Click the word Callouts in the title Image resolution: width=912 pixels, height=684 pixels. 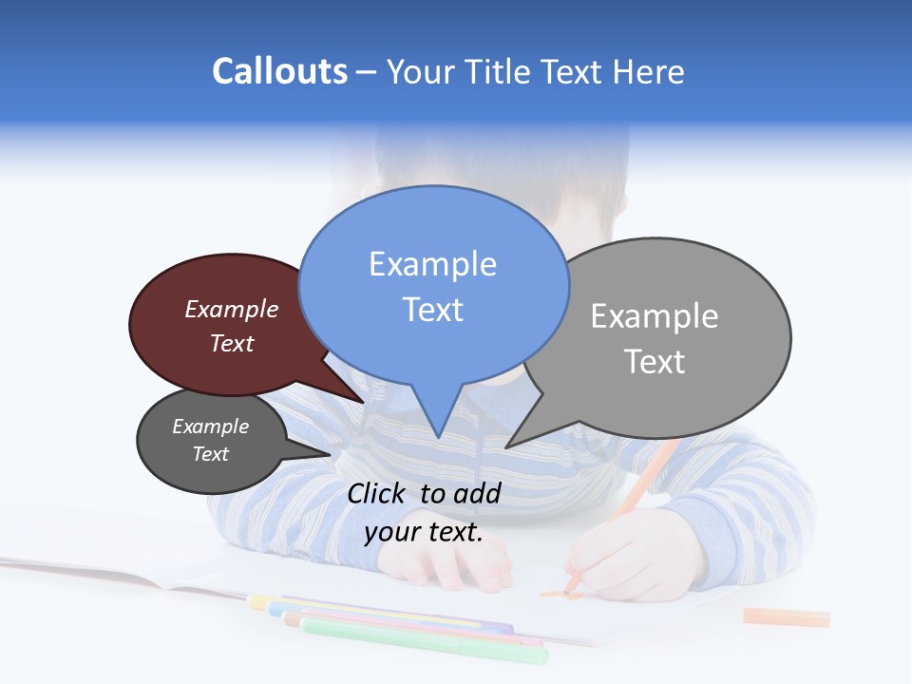click(x=280, y=71)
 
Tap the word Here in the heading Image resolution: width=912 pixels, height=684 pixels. click(x=649, y=72)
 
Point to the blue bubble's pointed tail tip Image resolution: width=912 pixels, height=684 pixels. click(x=438, y=436)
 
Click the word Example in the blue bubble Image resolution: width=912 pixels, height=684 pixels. click(x=432, y=263)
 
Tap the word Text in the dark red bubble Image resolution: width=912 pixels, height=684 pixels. click(x=232, y=343)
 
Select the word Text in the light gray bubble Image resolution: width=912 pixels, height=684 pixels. click(x=655, y=362)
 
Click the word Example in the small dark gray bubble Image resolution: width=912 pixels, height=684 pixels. click(x=211, y=427)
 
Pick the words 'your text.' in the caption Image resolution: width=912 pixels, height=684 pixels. click(x=424, y=532)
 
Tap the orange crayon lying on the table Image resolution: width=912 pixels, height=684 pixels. click(x=786, y=617)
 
